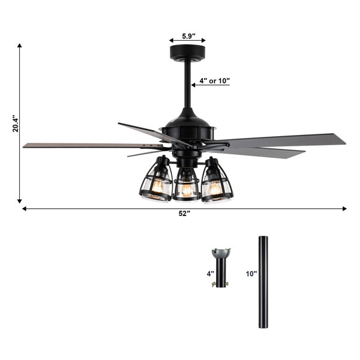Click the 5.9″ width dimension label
[x=189, y=36]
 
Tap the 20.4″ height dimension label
[x=16, y=124]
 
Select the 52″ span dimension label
[x=185, y=214]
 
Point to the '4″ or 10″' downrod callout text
[x=215, y=81]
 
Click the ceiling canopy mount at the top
[x=187, y=53]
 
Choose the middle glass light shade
[x=186, y=185]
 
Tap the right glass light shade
[x=217, y=181]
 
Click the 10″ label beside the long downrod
[x=251, y=274]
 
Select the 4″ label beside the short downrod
[x=210, y=274]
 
